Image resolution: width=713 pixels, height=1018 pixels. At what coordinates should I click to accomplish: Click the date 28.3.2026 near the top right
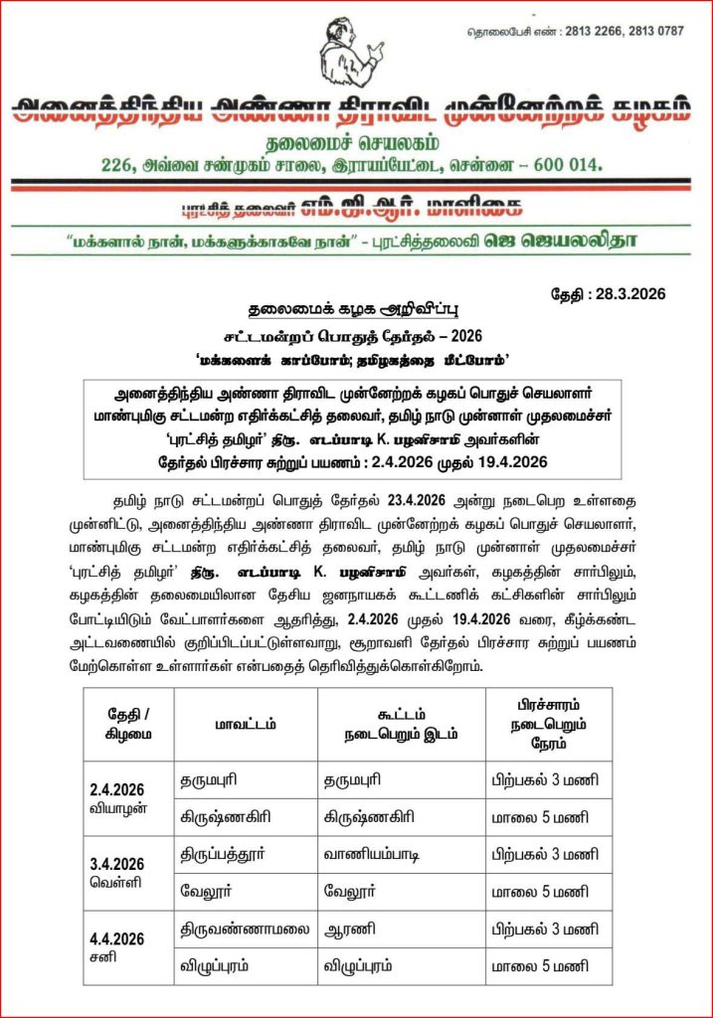[624, 293]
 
